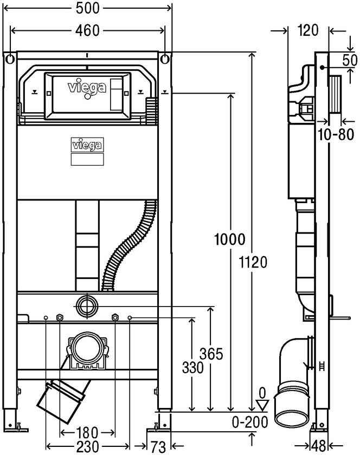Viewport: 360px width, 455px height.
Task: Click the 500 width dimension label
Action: [87, 8]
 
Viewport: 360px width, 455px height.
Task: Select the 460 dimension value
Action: [87, 30]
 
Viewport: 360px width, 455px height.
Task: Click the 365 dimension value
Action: [211, 354]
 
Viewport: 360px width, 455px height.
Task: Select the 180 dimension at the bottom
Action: [87, 433]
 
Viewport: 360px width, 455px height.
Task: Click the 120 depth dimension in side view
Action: [307, 31]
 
